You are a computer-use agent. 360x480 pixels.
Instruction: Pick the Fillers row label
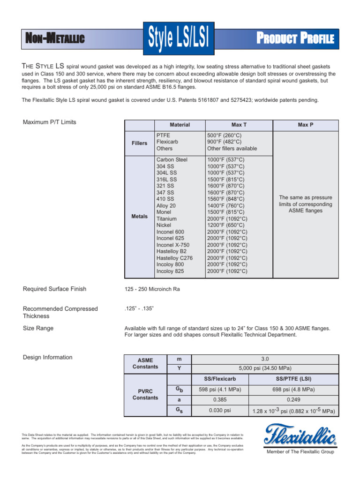coord(139,143)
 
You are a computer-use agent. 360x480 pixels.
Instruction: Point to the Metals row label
coord(139,217)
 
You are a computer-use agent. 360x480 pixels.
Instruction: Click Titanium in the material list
coord(166,219)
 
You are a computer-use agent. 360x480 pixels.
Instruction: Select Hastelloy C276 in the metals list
coord(174,258)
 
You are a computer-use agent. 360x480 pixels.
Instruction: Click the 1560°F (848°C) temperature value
coord(226,199)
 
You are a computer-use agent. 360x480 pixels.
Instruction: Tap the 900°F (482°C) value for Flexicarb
coord(225,142)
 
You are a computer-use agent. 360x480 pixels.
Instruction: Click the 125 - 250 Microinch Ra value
coord(152,289)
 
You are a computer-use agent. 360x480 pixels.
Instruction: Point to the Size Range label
coord(38,328)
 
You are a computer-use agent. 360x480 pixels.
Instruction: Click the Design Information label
coord(47,357)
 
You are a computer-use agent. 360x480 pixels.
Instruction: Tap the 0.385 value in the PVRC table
coord(220,400)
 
